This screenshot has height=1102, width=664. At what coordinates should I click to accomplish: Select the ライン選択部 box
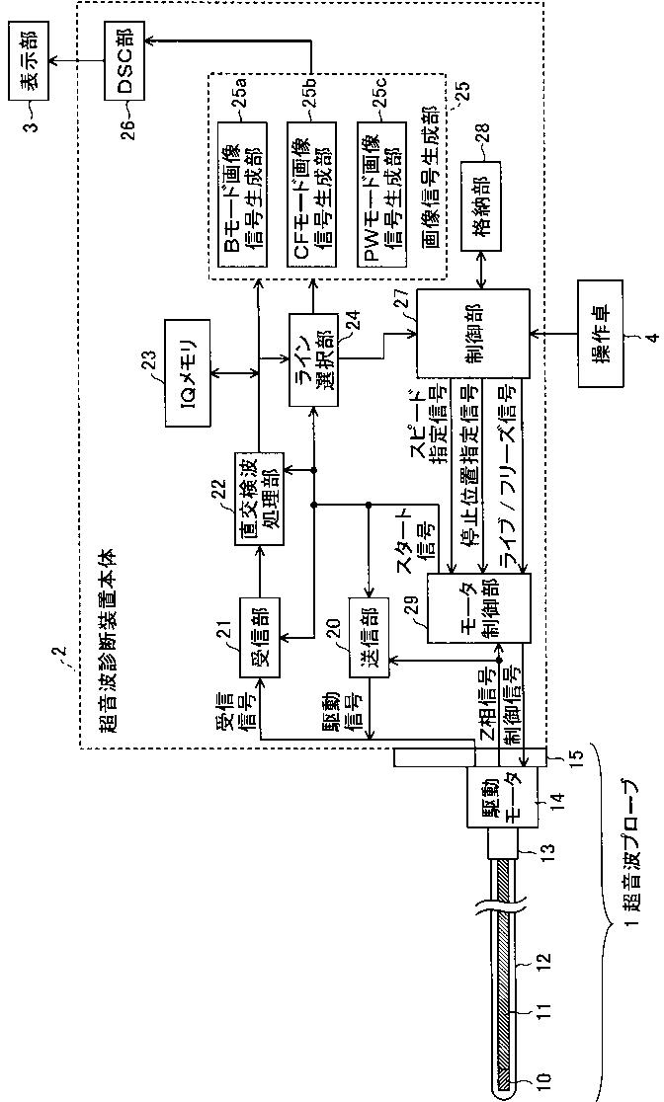[x=313, y=359]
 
